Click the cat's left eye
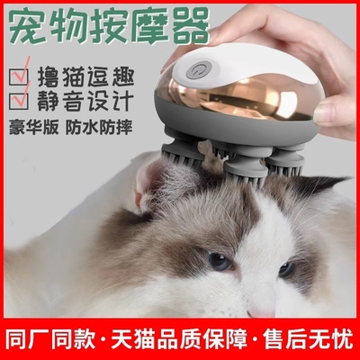pyautogui.click(x=217, y=261)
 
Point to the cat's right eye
pyautogui.click(x=286, y=268)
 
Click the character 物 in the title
pyautogui.click(x=81, y=27)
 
